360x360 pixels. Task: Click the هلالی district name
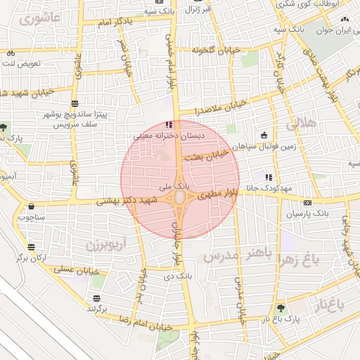click(302, 123)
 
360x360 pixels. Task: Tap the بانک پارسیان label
click(307, 212)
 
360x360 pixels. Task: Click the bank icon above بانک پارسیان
click(307, 201)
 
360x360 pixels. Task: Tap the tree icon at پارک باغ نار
click(281, 308)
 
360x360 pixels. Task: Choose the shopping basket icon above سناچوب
click(32, 207)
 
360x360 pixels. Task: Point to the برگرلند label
click(96, 309)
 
